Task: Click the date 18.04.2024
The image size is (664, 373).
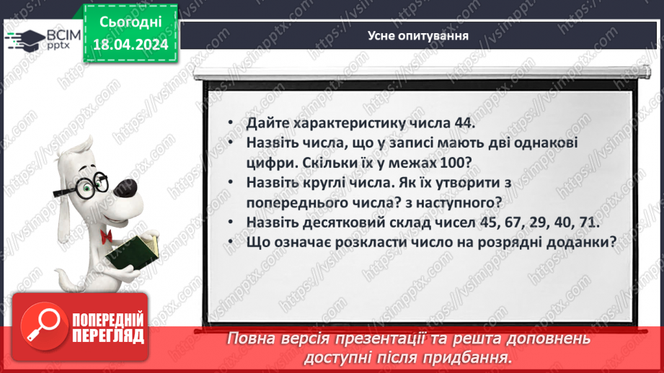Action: (130, 45)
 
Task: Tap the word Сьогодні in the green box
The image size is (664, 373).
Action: (130, 23)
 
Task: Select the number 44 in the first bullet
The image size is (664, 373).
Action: (462, 123)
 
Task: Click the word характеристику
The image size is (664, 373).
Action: (349, 123)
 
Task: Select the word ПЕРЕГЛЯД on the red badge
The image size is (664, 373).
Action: (108, 336)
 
